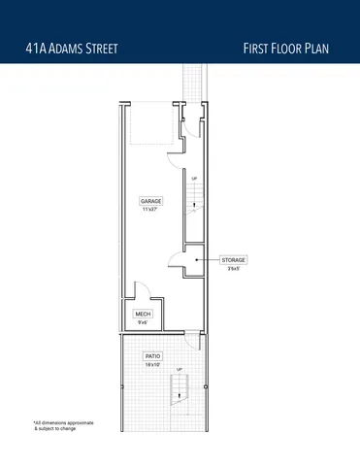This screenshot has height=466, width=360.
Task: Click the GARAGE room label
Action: click(149, 201)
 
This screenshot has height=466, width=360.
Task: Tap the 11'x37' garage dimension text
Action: click(149, 209)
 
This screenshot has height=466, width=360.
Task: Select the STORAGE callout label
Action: click(234, 260)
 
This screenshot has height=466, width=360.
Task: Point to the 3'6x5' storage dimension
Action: click(234, 269)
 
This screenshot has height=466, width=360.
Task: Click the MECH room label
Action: click(142, 314)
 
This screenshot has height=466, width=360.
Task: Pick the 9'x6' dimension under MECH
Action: click(142, 322)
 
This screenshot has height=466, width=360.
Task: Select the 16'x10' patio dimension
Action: click(152, 365)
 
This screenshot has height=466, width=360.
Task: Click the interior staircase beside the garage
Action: click(194, 201)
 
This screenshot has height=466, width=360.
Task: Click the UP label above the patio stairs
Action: click(179, 370)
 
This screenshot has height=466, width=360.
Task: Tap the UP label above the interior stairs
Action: click(194, 179)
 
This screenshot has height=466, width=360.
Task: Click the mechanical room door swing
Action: click(140, 290)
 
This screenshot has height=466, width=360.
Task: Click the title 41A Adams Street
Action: click(74, 48)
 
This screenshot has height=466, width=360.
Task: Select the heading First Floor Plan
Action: click(291, 48)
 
